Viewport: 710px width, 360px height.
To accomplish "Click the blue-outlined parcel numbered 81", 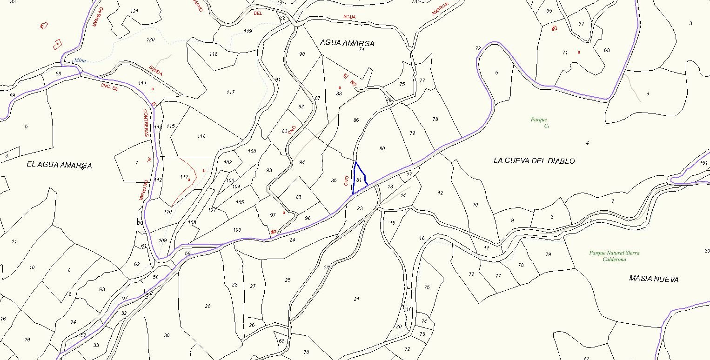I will (359, 180).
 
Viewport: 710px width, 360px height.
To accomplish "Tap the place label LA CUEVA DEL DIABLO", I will (534, 161).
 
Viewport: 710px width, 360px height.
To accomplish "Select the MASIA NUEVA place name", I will (653, 279).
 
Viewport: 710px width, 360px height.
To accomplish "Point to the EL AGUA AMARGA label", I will (59, 165).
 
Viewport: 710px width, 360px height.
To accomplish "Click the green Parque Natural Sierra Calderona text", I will (614, 256).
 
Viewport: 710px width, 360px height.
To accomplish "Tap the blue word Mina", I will (80, 60).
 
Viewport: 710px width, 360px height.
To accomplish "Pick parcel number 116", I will (201, 136).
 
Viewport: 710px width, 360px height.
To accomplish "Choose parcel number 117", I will (230, 92).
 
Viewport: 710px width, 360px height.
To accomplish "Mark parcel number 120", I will (150, 40).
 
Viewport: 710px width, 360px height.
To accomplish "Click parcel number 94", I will (302, 162).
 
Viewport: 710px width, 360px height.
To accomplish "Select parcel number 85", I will (334, 180).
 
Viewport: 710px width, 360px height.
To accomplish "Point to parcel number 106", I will (237, 230).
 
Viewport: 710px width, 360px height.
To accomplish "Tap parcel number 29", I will (208, 306).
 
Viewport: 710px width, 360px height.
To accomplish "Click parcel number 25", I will (288, 280).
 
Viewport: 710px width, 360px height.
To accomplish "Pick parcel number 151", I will (703, 163).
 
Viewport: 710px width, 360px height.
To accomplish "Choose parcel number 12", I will (440, 193).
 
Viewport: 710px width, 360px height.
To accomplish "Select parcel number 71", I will (565, 53).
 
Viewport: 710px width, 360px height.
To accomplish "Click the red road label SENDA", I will (156, 71).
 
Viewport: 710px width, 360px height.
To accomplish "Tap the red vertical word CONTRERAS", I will (146, 123).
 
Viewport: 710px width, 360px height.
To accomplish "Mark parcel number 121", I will (134, 11).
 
